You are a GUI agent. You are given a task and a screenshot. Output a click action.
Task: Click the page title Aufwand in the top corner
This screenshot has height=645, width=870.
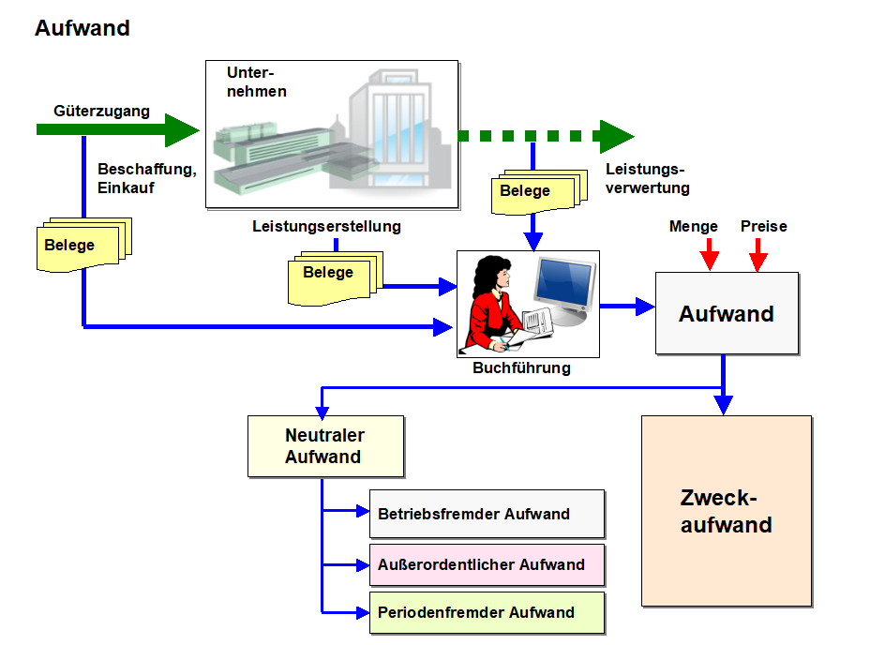(x=82, y=28)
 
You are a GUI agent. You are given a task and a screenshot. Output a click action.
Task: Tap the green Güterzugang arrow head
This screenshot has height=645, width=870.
(x=182, y=129)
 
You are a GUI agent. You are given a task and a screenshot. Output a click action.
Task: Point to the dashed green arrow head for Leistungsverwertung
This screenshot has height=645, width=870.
(x=616, y=136)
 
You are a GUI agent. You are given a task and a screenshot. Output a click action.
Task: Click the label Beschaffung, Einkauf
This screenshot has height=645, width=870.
(x=146, y=178)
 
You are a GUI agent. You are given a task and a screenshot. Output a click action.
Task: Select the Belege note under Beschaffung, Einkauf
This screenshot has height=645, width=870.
(x=81, y=246)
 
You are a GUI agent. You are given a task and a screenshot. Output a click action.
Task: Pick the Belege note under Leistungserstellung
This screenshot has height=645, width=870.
(x=329, y=274)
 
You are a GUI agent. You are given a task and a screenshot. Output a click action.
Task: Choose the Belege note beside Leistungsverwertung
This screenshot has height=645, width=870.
(x=530, y=191)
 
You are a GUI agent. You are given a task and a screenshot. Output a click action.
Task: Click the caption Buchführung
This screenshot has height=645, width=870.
(x=521, y=368)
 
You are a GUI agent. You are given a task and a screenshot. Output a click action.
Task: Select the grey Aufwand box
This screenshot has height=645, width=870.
(x=727, y=314)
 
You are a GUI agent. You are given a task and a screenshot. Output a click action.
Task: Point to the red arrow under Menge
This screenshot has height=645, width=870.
(x=710, y=253)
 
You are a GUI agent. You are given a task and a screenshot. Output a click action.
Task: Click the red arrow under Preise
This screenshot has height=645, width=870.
(x=758, y=253)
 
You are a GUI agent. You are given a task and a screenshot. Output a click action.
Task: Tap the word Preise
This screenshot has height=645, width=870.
(x=763, y=226)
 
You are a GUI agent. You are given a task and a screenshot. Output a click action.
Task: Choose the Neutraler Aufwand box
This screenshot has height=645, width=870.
(x=324, y=446)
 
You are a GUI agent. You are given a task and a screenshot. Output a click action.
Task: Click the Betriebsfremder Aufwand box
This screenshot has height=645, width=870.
(x=487, y=514)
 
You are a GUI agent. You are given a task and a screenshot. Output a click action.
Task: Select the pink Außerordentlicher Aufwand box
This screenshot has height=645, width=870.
(x=487, y=564)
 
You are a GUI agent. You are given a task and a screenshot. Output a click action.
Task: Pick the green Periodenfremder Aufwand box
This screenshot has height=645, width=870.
(x=487, y=613)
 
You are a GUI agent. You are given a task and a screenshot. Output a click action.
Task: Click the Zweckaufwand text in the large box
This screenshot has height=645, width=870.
(x=727, y=511)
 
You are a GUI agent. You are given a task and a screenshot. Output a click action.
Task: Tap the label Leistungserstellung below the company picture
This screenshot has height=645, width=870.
(x=326, y=226)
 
